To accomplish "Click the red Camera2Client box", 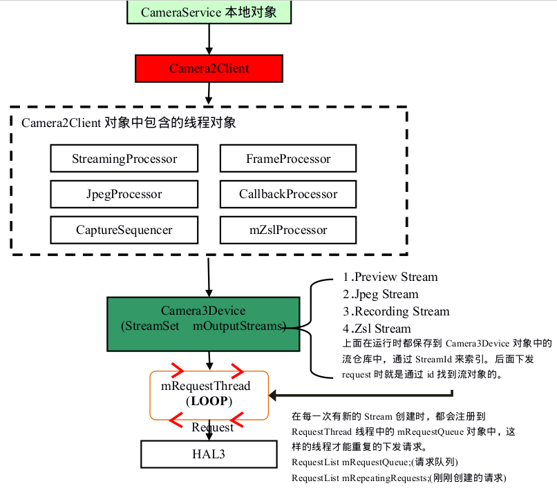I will (209, 68).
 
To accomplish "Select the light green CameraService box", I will (209, 12).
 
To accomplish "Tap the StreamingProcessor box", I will (124, 159).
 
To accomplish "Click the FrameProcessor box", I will (288, 159).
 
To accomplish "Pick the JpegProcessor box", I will (124, 194).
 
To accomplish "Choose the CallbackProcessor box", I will (288, 194).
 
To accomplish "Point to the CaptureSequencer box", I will (124, 229).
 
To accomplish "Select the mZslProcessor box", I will (288, 229).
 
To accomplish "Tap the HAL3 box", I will (209, 454).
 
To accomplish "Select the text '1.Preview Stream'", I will (390, 277).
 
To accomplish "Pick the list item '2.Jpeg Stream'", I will (381, 294).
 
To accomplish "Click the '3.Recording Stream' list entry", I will (396, 311).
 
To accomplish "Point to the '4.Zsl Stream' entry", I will (377, 329).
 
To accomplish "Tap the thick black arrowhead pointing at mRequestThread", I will (274, 396).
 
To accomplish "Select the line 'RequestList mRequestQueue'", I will (375, 462).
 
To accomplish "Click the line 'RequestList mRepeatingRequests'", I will (399, 478).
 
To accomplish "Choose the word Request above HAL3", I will (213, 427).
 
